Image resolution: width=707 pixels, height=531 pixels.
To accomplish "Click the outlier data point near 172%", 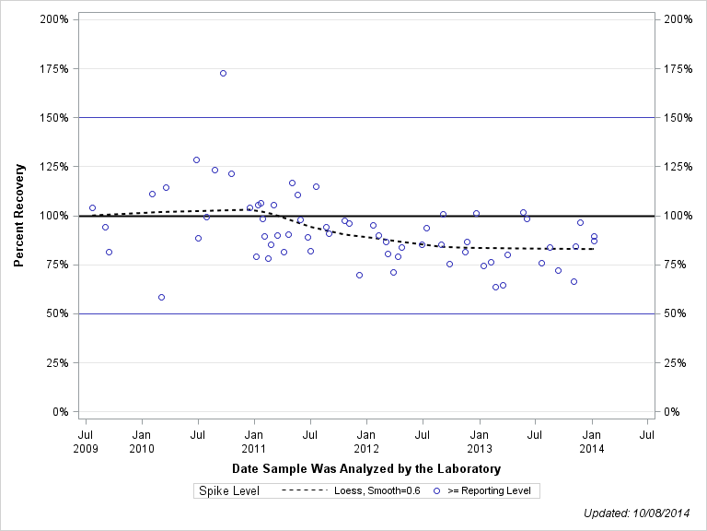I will (x=223, y=73).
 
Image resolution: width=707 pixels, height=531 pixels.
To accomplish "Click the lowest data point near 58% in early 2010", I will (x=161, y=297).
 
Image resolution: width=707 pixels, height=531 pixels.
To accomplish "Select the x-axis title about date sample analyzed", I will (x=366, y=469).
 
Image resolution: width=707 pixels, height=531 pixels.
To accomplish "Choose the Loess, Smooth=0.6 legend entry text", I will (x=377, y=491).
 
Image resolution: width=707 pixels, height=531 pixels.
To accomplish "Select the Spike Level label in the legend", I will (x=229, y=491).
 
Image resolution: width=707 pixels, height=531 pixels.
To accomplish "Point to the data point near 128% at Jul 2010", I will (x=196, y=159).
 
